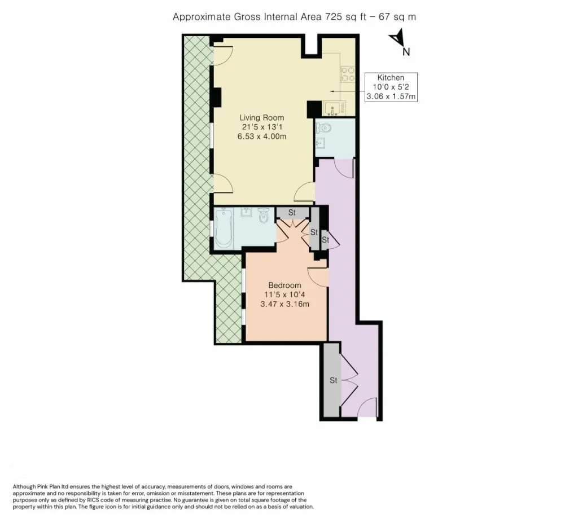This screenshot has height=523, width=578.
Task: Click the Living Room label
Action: click(x=262, y=118)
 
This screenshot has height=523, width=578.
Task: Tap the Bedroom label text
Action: click(x=284, y=285)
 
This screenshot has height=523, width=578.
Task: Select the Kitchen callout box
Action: click(x=391, y=87)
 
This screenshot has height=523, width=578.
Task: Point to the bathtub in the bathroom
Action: click(x=224, y=228)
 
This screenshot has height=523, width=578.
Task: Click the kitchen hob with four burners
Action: click(x=347, y=74)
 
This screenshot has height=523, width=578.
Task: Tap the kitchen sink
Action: click(x=332, y=108)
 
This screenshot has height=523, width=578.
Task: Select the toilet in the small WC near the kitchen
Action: click(x=323, y=128)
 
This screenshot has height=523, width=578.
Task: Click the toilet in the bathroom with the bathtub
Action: click(x=264, y=216)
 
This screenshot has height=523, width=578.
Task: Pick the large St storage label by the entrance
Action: click(x=333, y=380)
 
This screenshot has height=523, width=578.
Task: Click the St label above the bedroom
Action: click(x=292, y=213)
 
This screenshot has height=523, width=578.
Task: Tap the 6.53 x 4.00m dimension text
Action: click(x=262, y=137)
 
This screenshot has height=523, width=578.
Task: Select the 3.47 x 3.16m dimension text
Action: click(x=284, y=304)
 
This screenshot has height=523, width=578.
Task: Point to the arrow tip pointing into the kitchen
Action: click(x=330, y=91)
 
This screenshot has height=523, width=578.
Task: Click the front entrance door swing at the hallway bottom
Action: click(x=367, y=407)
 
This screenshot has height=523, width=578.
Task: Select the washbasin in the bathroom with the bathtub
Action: click(x=246, y=213)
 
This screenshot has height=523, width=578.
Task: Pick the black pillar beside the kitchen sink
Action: click(x=314, y=109)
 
